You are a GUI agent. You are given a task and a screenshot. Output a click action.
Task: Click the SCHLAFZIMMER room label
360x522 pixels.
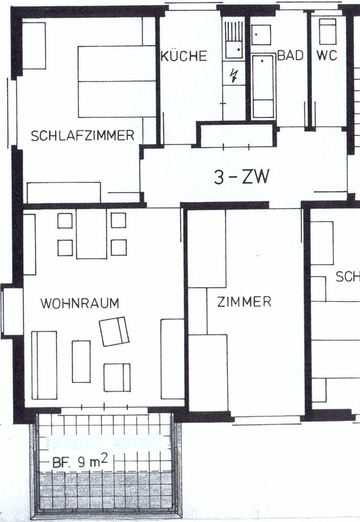82,136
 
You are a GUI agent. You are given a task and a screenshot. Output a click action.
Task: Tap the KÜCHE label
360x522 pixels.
184,56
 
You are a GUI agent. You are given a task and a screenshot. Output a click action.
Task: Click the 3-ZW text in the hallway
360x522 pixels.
242,178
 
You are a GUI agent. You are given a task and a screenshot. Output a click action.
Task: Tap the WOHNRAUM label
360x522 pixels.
80,303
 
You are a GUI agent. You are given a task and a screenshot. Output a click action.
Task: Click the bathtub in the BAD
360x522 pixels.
263,86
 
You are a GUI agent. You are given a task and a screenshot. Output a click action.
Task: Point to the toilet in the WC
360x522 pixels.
327,32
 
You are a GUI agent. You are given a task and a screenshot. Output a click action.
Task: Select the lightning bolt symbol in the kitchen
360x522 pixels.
234,76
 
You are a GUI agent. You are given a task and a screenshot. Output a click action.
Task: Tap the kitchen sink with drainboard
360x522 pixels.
234,38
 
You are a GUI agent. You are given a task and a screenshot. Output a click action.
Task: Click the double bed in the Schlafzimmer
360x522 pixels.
117,82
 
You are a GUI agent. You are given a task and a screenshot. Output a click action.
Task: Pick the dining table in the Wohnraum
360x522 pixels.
91,233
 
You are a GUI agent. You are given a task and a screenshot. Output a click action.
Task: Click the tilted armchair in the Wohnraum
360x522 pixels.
115,331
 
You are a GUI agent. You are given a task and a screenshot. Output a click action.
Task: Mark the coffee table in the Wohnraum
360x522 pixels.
81,361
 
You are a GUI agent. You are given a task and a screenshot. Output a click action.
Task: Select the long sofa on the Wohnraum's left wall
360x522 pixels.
44,365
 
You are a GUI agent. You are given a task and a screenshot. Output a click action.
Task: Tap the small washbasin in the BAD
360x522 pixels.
260,34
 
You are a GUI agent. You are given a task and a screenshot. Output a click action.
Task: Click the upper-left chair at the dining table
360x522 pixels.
65,220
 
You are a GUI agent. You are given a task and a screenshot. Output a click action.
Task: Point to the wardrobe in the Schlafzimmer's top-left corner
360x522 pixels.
34,46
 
